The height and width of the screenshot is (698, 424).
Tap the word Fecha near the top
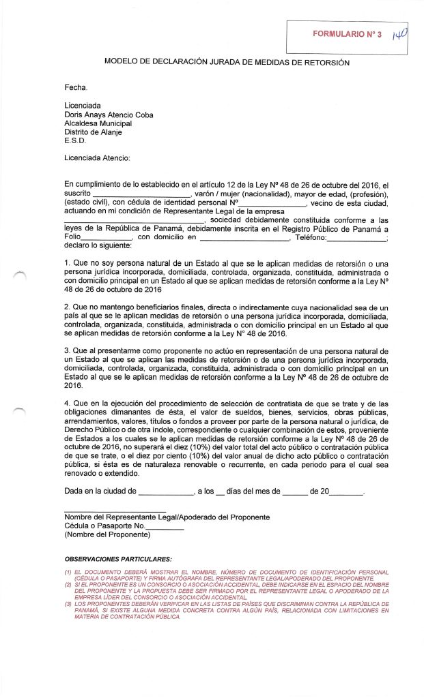[76, 87]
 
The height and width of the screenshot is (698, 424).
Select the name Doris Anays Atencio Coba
[109, 115]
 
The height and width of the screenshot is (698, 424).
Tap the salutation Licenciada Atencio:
[97, 158]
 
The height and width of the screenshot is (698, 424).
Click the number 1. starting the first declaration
[67, 263]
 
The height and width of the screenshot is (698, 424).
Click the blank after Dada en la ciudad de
[167, 492]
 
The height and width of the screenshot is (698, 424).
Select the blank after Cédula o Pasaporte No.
[165, 528]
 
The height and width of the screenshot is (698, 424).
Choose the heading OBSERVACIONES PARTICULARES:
[117, 559]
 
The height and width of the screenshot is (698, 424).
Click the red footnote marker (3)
[68, 605]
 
